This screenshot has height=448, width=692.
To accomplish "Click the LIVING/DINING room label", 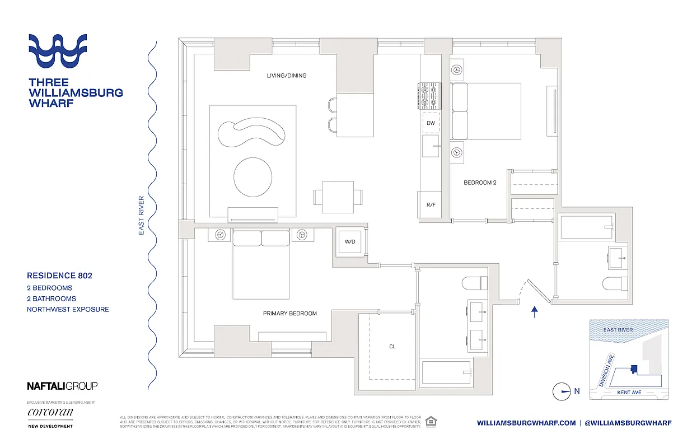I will coord(286,76).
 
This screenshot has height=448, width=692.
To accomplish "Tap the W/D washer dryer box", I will coord(349,242).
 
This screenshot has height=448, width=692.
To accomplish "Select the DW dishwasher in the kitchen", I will coord(431,123).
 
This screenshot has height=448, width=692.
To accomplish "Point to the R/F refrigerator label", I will coord(431,205).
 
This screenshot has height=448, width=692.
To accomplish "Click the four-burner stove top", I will coord(429,96).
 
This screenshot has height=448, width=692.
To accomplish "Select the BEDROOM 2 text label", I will coord(480,183).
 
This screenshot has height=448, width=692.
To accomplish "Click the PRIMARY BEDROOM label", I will coord(289,314).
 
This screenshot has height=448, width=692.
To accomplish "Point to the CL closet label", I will coord(392,347).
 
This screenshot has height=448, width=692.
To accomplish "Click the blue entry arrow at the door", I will coord(535,312).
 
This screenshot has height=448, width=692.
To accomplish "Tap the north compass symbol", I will coord(562,391).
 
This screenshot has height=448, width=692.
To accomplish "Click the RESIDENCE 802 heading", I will coord(59,276).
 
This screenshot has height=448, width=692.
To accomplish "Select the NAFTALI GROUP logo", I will coord(62,385).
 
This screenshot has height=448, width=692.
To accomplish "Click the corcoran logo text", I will coord(50,413).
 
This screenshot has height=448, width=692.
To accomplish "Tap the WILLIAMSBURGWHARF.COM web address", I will coord(526,423).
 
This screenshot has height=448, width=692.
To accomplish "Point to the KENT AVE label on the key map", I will coord(629,393).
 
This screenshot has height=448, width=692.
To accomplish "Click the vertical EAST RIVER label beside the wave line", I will coord(142,215).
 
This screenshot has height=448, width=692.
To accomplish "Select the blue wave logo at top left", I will coord(58,52).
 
